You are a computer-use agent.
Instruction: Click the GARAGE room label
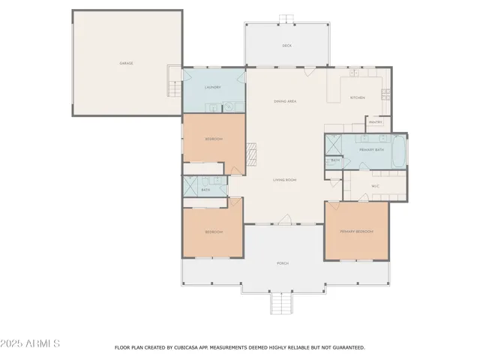coord(127,63)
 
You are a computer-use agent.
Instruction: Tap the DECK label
coord(286,46)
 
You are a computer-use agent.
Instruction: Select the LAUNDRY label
coord(213,87)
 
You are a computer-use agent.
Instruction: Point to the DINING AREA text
coord(285,100)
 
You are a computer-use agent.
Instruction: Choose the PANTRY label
coord(375,121)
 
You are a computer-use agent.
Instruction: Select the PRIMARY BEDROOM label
coord(356,231)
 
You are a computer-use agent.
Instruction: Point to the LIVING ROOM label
coord(285,180)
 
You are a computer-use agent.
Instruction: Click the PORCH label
coord(283,263)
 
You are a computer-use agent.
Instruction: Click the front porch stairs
coord(280,303)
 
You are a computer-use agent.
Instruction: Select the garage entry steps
coord(174,82)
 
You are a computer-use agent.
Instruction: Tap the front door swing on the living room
coord(283,218)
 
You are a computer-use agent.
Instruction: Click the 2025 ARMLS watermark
coord(31,343)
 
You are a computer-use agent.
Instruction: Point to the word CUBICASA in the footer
coord(193,348)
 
